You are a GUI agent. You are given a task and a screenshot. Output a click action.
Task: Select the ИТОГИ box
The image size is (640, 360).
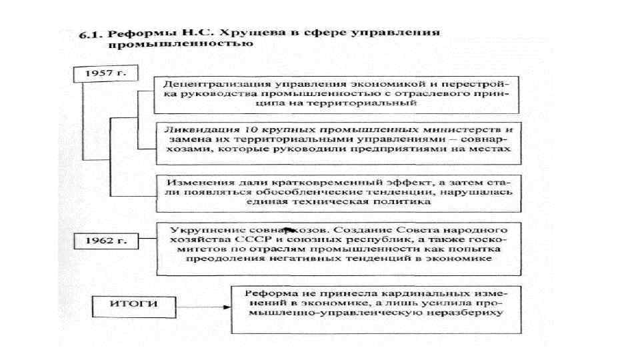click(x=133, y=304)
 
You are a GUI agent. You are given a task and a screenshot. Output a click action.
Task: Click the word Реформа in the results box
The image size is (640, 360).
click(x=267, y=293)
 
